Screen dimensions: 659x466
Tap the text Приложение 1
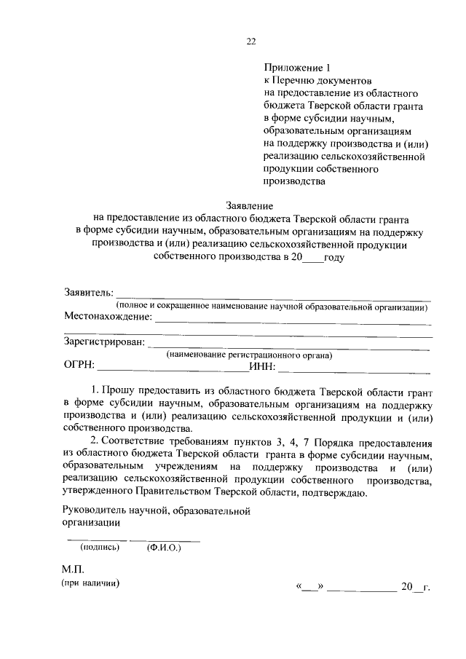[x=295, y=67]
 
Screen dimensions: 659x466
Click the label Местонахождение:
[x=107, y=317]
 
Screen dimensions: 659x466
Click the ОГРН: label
[x=79, y=366]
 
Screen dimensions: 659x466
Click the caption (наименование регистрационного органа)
[x=248, y=355]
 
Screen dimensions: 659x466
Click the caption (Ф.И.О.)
[x=164, y=547]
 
